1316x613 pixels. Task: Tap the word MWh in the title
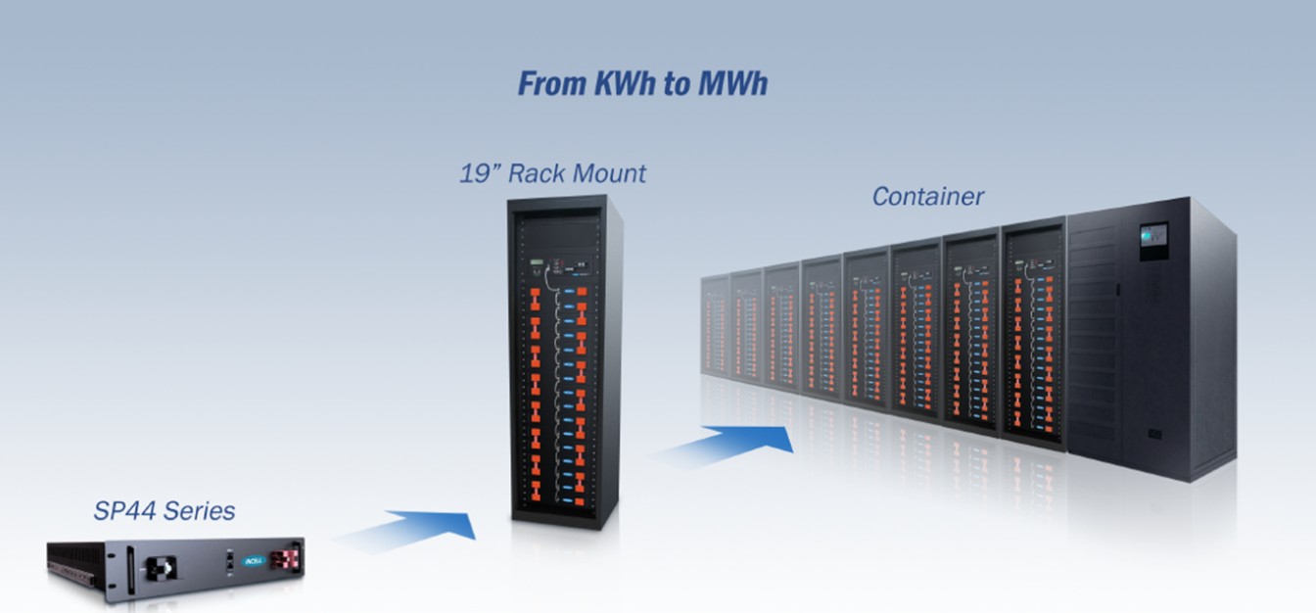click(732, 84)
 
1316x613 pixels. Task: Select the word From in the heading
click(552, 84)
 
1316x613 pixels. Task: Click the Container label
click(927, 196)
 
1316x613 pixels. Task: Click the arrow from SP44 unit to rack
click(411, 529)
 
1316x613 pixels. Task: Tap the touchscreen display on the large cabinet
click(1153, 236)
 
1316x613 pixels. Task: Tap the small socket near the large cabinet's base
click(1154, 434)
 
